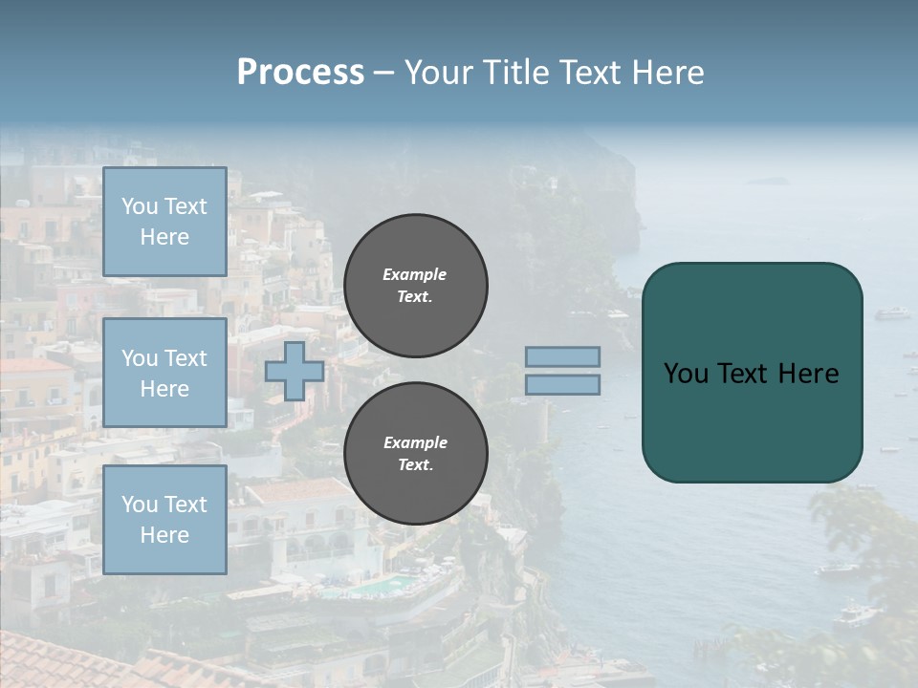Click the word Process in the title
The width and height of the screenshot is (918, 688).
(x=300, y=73)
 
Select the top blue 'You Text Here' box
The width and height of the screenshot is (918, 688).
(x=164, y=222)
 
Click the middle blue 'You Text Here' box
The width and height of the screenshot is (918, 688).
(x=164, y=373)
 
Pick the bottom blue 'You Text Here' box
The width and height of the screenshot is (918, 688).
(x=164, y=520)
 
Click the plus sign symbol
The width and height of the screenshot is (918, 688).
(x=295, y=371)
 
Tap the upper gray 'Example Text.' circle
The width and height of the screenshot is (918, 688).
(x=416, y=286)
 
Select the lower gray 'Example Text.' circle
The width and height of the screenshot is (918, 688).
(x=416, y=454)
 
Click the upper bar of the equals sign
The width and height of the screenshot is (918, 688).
(x=563, y=356)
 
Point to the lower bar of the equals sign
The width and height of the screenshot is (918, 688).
(x=563, y=384)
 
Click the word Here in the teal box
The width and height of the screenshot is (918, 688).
(x=808, y=373)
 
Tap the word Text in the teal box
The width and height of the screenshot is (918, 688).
(x=743, y=373)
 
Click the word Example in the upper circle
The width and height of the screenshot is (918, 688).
(x=414, y=274)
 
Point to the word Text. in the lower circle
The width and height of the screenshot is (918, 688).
(x=415, y=465)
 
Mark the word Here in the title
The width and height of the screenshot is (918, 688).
(x=667, y=73)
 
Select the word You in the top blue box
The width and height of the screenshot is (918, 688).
(x=140, y=206)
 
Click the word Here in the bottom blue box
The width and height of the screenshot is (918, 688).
(x=164, y=535)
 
